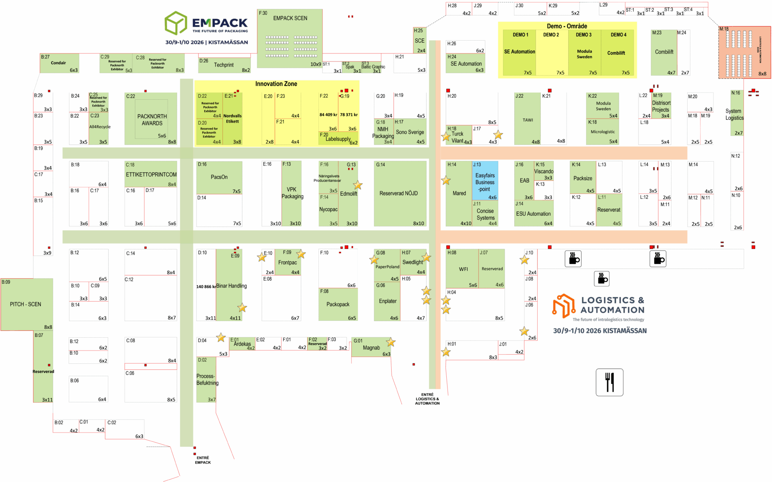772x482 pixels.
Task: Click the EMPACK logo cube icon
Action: [x=176, y=23]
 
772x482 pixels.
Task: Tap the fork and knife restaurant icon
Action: [x=610, y=382]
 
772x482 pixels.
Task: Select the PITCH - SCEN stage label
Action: [x=26, y=304]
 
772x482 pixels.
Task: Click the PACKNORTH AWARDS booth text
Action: [x=152, y=120]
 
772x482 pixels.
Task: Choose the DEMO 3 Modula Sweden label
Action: [x=584, y=53]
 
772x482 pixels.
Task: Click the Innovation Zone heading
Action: [x=276, y=84]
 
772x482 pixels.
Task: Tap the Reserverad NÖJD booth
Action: [x=398, y=193]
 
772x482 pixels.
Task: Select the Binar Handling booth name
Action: [x=232, y=286]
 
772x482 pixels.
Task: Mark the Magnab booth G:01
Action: [x=371, y=348]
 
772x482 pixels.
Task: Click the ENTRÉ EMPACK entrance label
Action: [x=203, y=460]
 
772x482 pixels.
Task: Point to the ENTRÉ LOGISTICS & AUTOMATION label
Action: [x=427, y=399]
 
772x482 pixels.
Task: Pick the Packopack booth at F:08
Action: [x=338, y=304]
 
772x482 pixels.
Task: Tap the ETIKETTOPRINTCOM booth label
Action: [x=151, y=174]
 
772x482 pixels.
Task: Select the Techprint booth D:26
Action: [x=224, y=65]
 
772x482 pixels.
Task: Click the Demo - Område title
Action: [x=567, y=26]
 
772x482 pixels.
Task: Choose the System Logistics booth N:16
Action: [x=735, y=115]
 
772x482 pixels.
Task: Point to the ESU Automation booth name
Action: [x=533, y=214]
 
